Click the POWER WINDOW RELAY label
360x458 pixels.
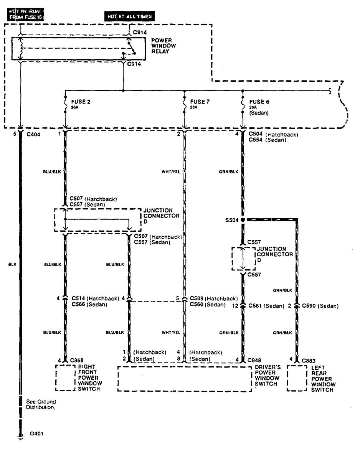point(163,45)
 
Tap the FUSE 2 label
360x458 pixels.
point(81,102)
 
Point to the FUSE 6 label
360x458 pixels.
point(257,102)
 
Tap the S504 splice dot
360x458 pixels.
point(243,220)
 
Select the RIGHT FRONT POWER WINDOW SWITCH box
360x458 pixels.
point(65,377)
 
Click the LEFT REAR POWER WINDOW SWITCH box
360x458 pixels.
point(297,378)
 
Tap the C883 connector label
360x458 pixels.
point(308,360)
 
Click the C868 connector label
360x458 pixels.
point(77,360)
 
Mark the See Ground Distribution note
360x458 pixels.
point(41,404)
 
